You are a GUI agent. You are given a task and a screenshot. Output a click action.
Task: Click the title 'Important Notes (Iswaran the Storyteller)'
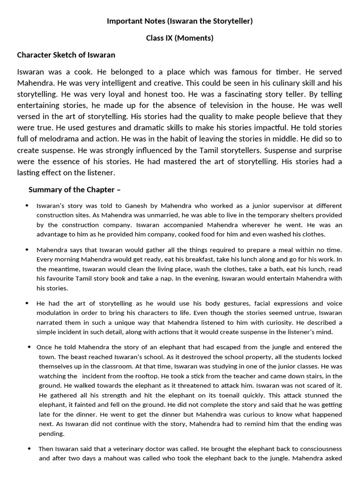pos(180,21)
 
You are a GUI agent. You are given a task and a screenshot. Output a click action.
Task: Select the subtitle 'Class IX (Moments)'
pos(180,38)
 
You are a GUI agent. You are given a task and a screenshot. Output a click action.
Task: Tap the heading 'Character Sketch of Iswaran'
pos(66,55)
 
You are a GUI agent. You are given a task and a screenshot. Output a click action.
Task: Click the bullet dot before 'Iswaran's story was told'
pos(27,206)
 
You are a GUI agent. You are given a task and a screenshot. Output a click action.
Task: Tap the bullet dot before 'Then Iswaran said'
pos(29,449)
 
